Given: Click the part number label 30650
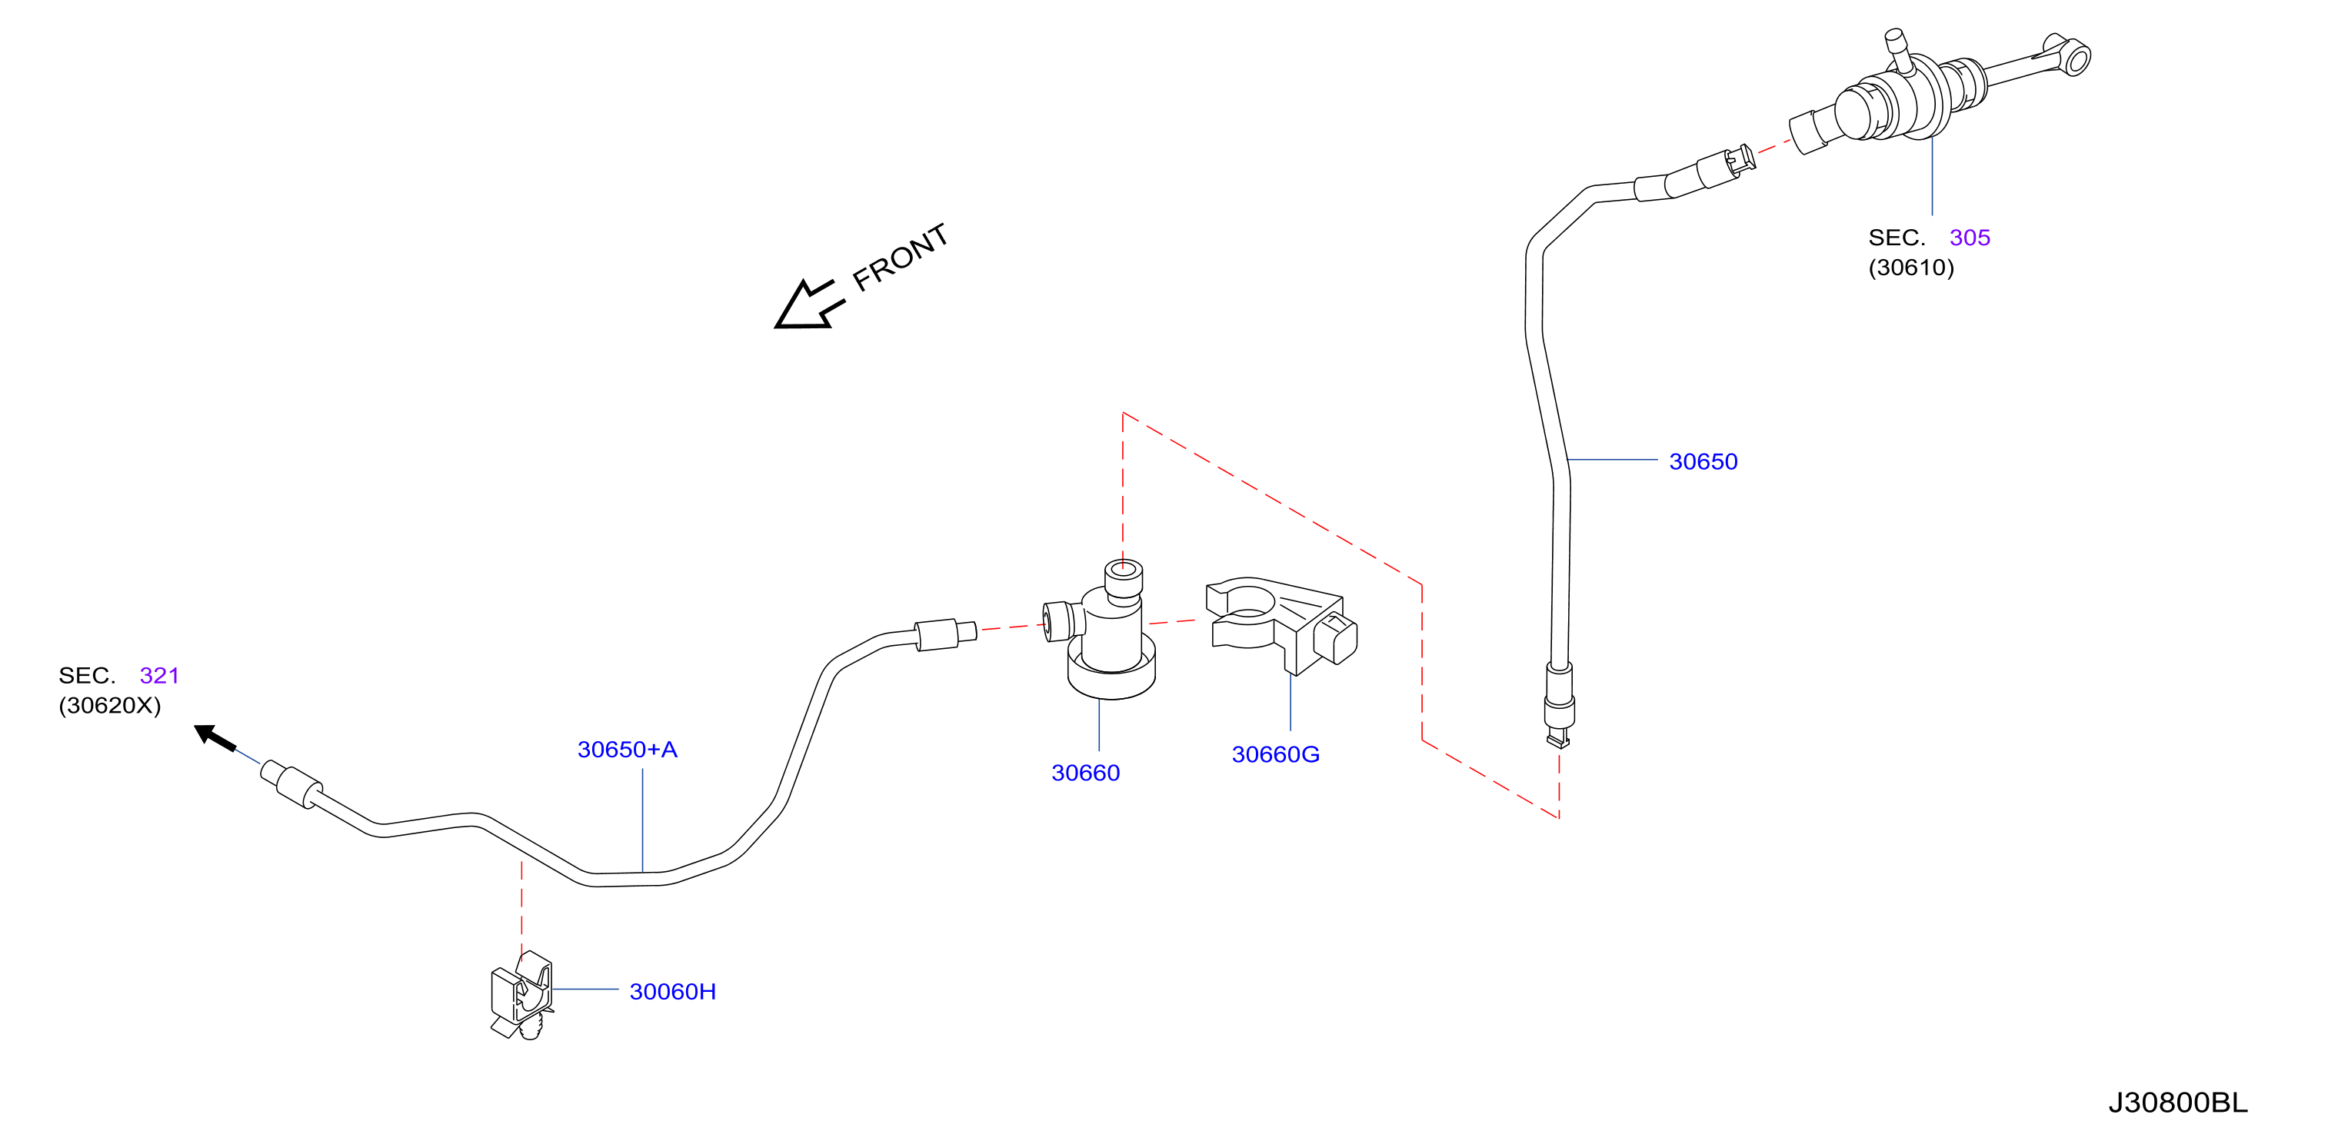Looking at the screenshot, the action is tap(1703, 461).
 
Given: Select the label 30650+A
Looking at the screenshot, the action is tap(627, 749).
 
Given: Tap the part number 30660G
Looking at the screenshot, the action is tap(1275, 753).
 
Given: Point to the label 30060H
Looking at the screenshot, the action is tap(672, 991).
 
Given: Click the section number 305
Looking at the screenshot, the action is tap(1970, 237).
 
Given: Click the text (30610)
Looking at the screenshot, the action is tap(1910, 267).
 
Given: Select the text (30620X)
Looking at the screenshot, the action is tap(110, 705).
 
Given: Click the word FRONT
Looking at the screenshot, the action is tap(901, 257).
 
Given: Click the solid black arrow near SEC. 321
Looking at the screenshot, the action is tap(216, 737).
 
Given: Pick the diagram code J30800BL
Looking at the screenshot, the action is tap(2177, 1102).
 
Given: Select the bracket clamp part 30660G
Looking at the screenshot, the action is tap(1280, 624).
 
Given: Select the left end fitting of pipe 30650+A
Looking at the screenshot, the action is tap(291, 783).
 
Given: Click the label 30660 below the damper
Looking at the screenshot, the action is tap(1085, 773).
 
